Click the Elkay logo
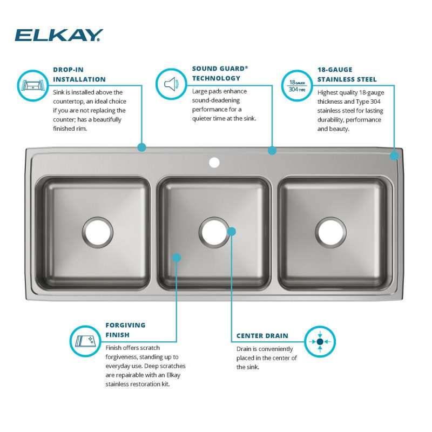(x=59, y=35)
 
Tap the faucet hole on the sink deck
(x=214, y=163)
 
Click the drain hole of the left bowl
(x=98, y=232)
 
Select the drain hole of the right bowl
(x=331, y=232)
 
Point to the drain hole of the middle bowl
(x=214, y=232)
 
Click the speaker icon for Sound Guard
(x=171, y=84)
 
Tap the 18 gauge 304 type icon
(x=297, y=86)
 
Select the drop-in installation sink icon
(x=33, y=86)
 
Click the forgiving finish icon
(x=85, y=341)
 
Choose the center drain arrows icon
(x=320, y=342)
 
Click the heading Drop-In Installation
(x=79, y=75)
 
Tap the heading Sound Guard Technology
(x=220, y=73)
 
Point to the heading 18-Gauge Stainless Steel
(x=347, y=75)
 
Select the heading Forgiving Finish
(x=125, y=330)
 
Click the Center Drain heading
(x=262, y=336)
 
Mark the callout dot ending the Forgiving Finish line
(x=177, y=258)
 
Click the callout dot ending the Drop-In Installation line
(x=142, y=147)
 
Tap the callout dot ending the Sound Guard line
(x=272, y=151)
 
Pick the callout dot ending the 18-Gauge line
(x=394, y=156)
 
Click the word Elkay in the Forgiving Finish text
(x=173, y=375)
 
